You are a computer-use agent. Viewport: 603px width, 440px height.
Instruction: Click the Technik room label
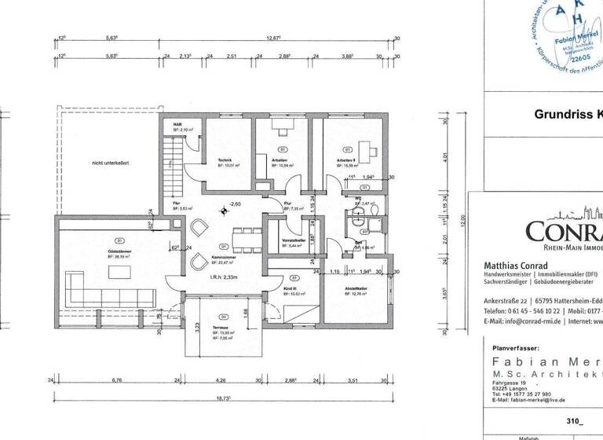point(225,160)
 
